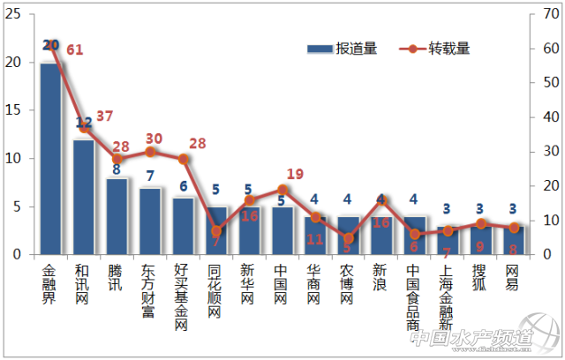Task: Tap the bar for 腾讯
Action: [117, 216]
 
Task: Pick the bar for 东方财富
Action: [150, 221]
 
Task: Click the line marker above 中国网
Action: [282, 190]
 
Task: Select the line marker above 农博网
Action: [349, 238]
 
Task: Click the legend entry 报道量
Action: [342, 49]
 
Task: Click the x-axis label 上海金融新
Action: [448, 294]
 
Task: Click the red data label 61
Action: [74, 50]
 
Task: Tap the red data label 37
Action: [105, 116]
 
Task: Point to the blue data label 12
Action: [84, 124]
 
